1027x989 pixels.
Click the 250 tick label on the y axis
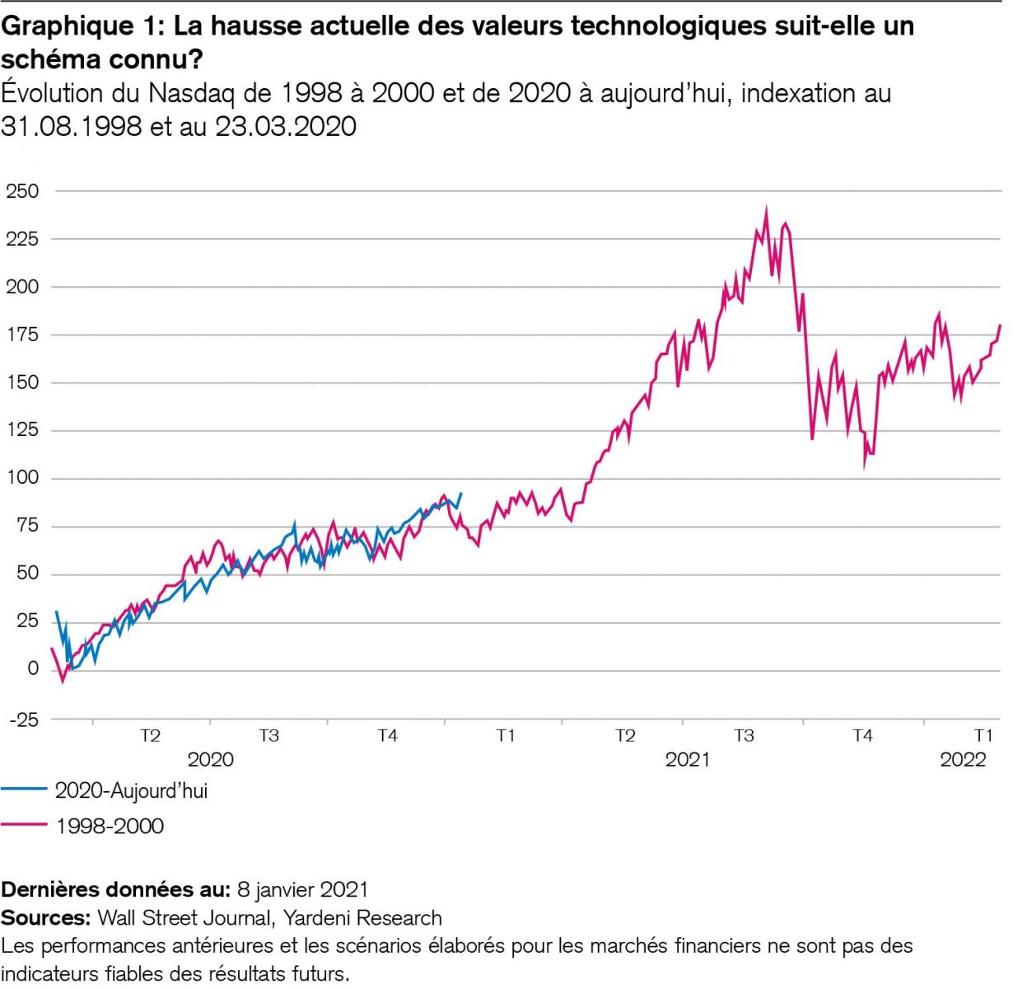tap(23, 191)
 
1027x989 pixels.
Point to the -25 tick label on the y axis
tap(23, 719)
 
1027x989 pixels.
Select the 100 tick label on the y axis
tap(23, 477)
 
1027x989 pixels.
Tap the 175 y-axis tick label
tap(23, 335)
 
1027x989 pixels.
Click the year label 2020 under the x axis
tap(210, 759)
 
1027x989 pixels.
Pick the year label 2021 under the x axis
tap(687, 759)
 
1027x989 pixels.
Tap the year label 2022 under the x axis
tap(963, 759)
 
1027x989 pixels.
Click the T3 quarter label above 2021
tap(744, 735)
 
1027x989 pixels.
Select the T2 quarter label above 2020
tap(150, 735)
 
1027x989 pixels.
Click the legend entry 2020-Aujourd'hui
tap(131, 790)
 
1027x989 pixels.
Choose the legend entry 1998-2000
tap(110, 826)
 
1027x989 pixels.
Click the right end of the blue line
tap(461, 493)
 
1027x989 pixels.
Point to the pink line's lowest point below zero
tap(63, 682)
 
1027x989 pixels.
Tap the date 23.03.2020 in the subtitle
tap(286, 126)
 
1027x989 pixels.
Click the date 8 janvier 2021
tap(302, 890)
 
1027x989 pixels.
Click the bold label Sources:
tap(45, 918)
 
